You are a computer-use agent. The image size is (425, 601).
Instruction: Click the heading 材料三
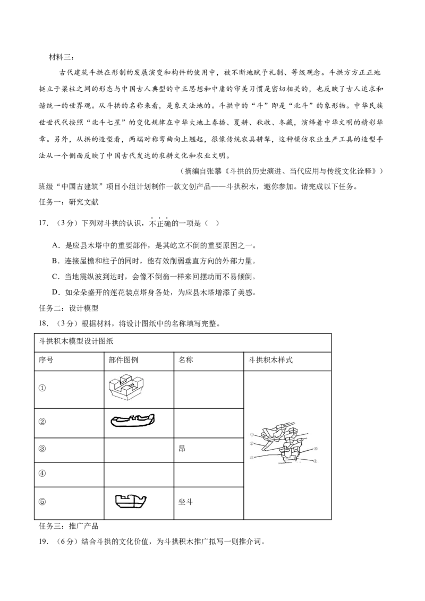(60, 57)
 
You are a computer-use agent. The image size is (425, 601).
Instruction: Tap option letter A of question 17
(55, 246)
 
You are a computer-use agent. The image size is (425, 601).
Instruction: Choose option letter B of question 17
(55, 261)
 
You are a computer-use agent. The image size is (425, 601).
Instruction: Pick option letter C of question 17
(55, 277)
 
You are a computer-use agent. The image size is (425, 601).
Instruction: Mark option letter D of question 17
(55, 293)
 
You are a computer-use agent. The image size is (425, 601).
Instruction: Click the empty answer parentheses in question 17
(212, 224)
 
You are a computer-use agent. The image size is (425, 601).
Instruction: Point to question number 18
(44, 323)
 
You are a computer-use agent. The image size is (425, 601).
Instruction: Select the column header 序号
(46, 360)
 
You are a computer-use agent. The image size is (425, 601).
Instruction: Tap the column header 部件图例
(123, 360)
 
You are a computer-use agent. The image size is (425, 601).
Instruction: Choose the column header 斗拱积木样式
(270, 360)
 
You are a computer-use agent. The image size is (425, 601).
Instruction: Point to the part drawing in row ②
(132, 420)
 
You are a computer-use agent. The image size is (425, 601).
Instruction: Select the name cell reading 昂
(182, 449)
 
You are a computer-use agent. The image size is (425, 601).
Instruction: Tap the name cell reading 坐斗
(185, 502)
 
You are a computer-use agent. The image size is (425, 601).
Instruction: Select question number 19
(44, 542)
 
